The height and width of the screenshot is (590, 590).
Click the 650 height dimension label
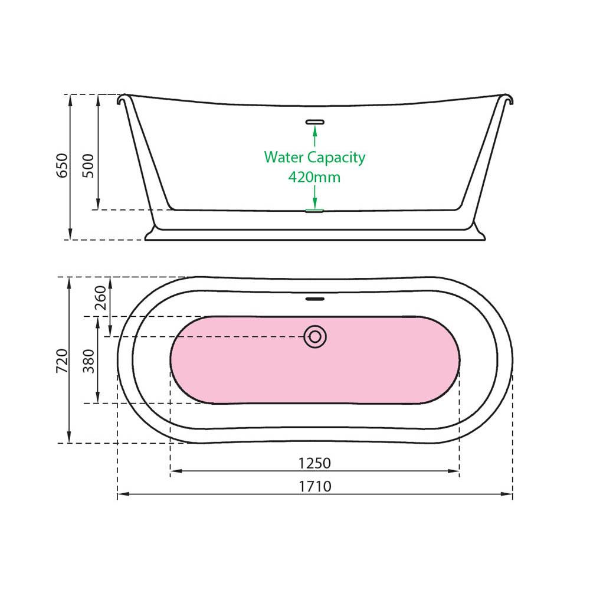[x=62, y=166]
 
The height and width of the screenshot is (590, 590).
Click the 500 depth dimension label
[x=88, y=166]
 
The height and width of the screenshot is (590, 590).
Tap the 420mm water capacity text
[x=314, y=176]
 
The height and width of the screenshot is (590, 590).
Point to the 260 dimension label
[x=100, y=297]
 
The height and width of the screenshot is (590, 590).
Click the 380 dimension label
[x=88, y=361]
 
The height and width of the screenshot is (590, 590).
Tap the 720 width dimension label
[x=62, y=361]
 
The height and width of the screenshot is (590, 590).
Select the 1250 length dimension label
[x=314, y=463]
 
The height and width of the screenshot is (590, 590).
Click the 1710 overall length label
[x=315, y=486]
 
